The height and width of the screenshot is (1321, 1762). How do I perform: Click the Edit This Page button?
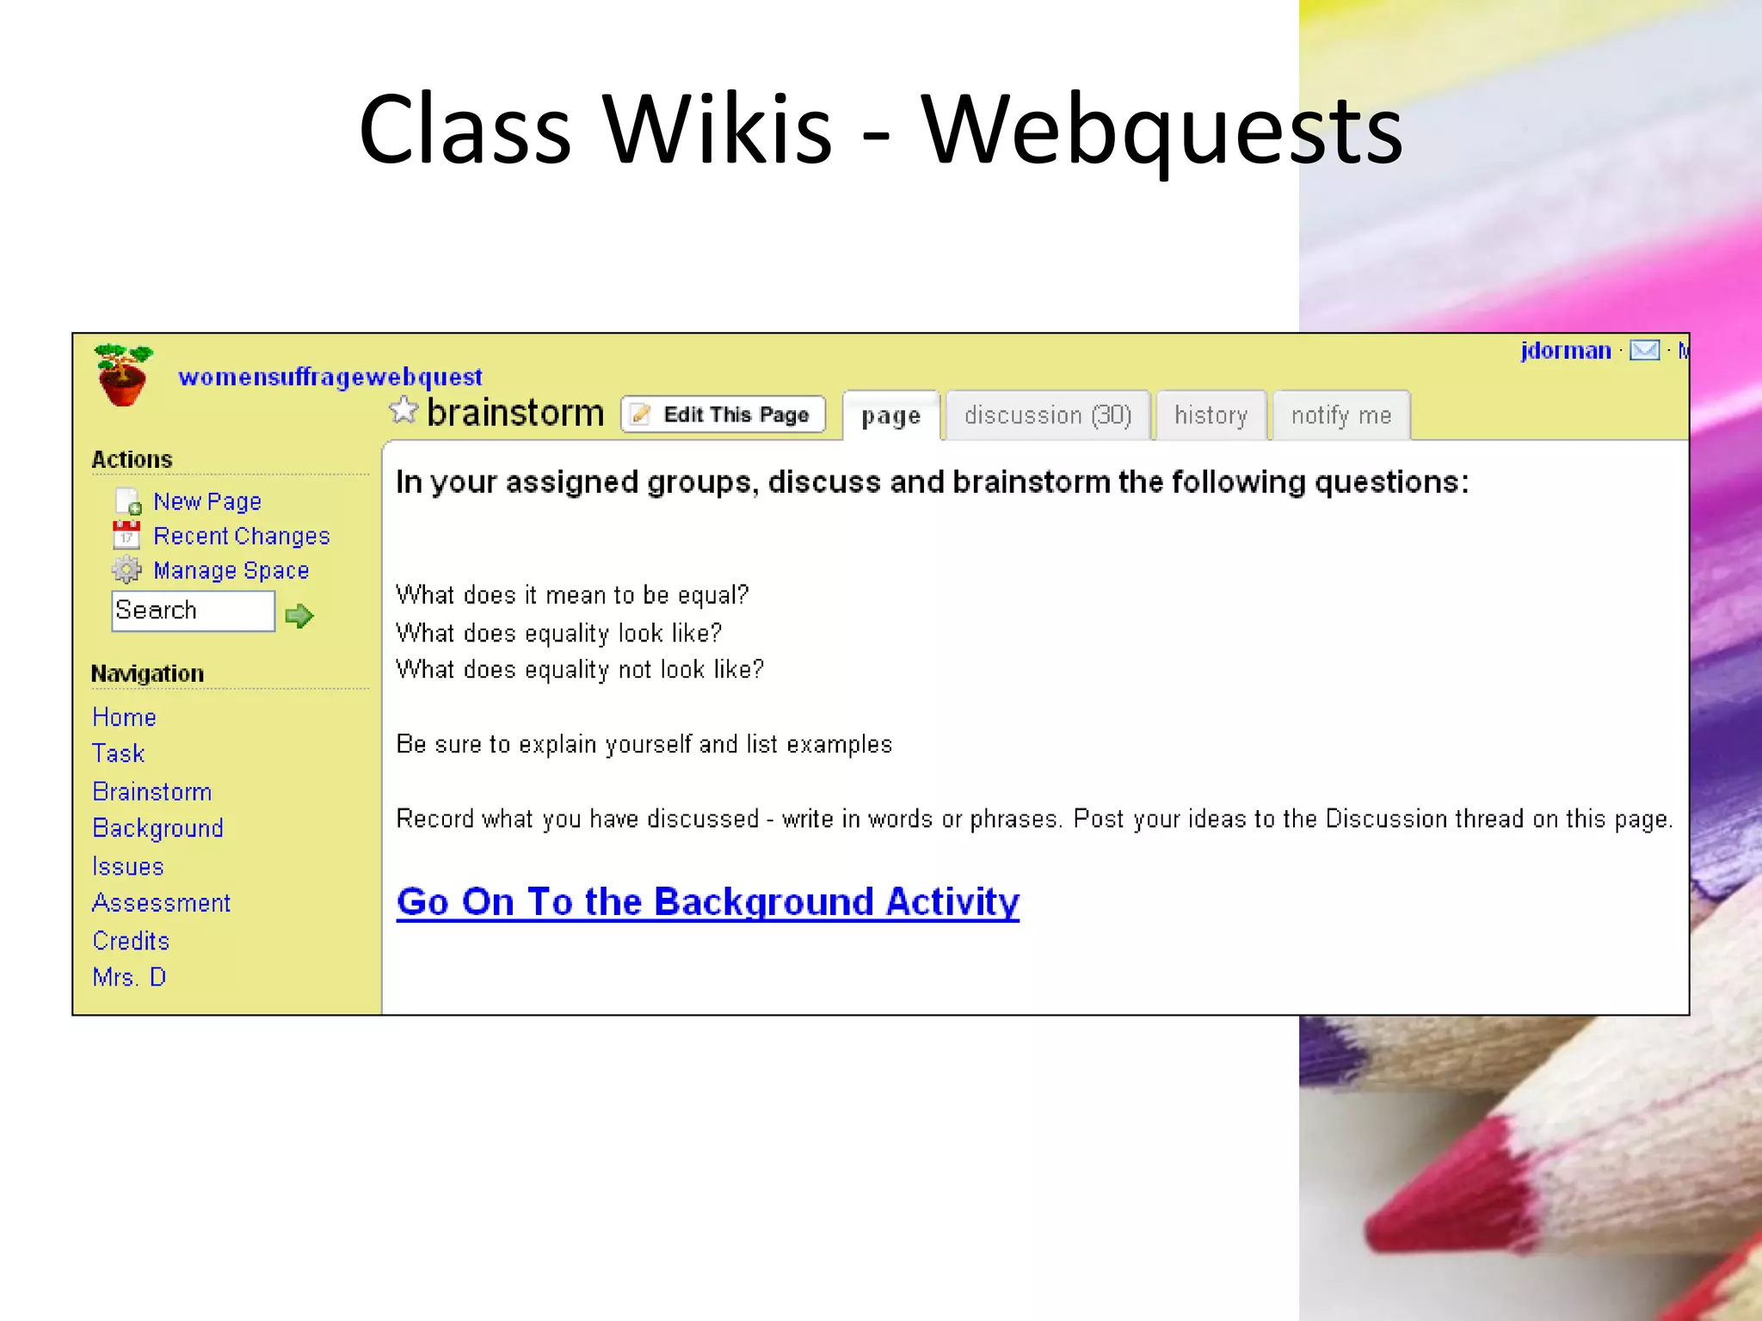[x=723, y=415]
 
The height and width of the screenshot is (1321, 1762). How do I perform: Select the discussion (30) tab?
[x=1047, y=415]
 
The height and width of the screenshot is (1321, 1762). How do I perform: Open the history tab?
[x=1211, y=415]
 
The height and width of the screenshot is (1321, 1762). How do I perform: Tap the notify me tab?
[x=1340, y=415]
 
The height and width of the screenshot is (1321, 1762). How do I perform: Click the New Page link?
[x=206, y=501]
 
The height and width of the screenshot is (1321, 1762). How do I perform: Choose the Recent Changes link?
[x=241, y=536]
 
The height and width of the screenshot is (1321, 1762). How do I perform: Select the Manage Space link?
[x=231, y=570]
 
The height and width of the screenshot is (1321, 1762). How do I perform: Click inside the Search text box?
[x=193, y=611]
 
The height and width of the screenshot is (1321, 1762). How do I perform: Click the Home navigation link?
[x=124, y=717]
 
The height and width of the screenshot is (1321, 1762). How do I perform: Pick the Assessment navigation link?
[x=161, y=903]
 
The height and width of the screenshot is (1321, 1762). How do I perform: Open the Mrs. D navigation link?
[x=129, y=978]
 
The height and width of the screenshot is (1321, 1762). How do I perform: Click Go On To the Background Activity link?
[x=707, y=902]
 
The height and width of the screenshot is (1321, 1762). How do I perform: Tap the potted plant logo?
[x=122, y=375]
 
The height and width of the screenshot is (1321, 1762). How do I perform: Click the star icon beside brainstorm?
[x=403, y=411]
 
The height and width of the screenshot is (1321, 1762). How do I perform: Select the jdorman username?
[x=1565, y=351]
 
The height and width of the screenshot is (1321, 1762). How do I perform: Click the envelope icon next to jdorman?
[x=1644, y=351]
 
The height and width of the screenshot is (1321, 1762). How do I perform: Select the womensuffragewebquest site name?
[x=330, y=377]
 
